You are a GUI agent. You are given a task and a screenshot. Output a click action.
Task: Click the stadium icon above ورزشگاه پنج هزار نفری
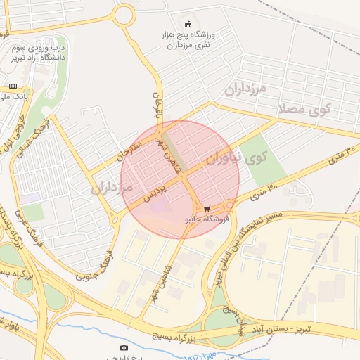click(186, 23)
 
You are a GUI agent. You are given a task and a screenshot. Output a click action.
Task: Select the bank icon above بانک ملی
click(12, 85)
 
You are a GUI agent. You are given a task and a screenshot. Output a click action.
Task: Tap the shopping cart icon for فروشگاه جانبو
click(207, 209)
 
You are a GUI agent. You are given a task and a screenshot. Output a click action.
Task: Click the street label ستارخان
click(131, 152)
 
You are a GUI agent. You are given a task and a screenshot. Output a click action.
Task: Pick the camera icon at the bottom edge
click(124, 347)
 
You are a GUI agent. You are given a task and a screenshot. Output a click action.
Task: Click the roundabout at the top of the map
click(124, 14)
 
